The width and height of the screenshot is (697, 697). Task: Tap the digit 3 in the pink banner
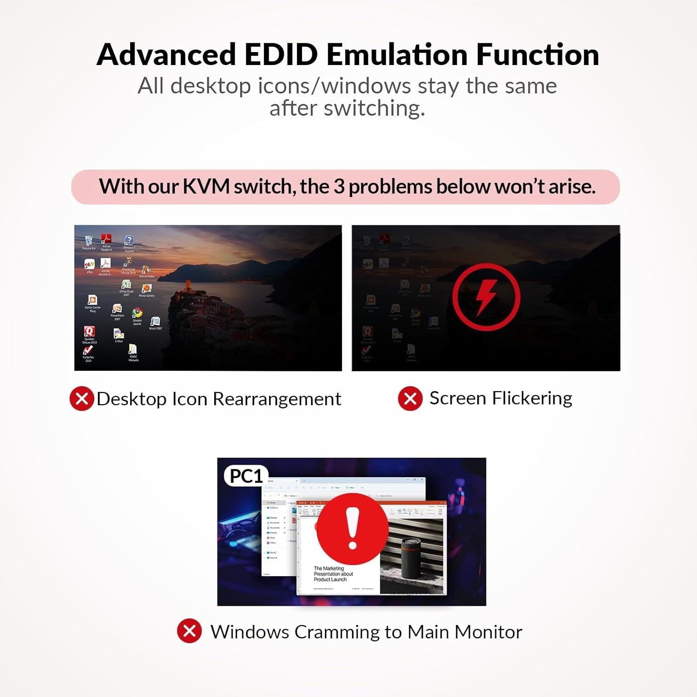click(339, 187)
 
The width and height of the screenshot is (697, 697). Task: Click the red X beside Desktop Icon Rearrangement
click(82, 399)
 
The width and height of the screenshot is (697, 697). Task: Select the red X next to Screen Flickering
click(410, 398)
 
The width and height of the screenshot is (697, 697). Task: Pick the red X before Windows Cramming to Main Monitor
click(189, 631)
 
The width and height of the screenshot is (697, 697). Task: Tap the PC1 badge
click(246, 476)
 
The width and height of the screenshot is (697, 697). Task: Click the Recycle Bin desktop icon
click(89, 240)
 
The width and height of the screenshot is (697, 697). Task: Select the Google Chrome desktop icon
click(137, 313)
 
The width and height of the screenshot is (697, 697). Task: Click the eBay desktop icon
click(89, 264)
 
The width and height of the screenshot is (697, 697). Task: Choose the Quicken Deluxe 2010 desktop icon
click(89, 331)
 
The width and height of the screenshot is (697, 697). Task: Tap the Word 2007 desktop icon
click(155, 322)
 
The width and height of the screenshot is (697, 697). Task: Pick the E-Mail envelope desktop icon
click(118, 334)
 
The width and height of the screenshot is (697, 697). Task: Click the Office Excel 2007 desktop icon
click(126, 284)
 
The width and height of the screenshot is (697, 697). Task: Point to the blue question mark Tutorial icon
click(129, 240)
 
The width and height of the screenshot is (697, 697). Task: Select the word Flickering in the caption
click(532, 398)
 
